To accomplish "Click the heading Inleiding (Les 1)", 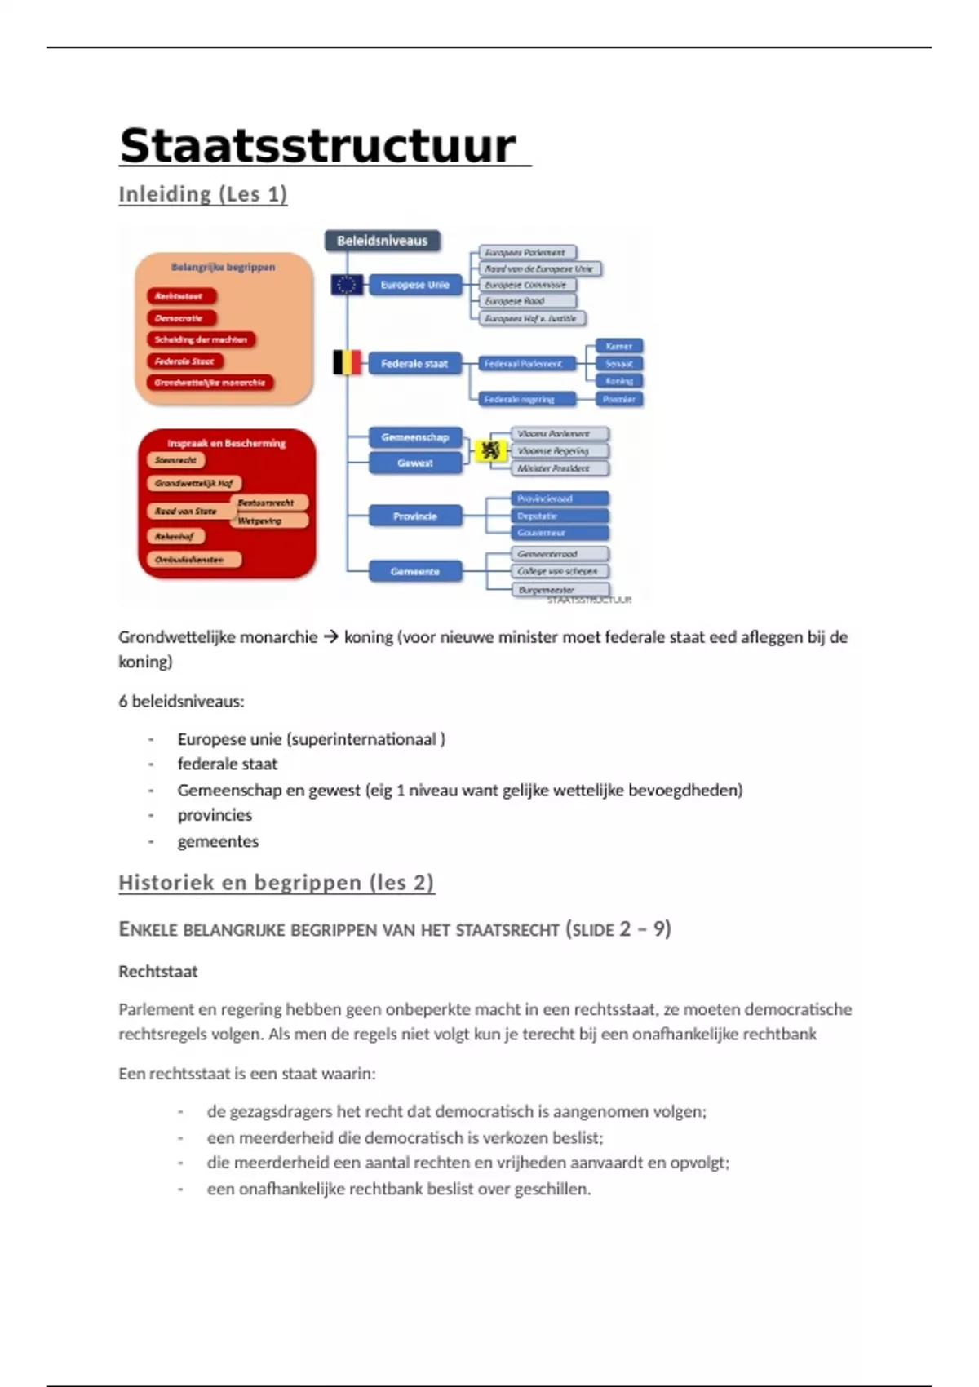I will (202, 194).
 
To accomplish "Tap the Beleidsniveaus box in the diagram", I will (382, 241).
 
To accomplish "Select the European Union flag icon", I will (347, 285).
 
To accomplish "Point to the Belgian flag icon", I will (347, 362).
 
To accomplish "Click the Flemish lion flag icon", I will (489, 450).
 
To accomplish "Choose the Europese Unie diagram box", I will (414, 285).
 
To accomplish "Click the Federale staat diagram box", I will (414, 363).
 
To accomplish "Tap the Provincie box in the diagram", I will (414, 516).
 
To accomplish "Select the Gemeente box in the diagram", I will (414, 571).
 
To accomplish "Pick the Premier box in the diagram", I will (619, 399).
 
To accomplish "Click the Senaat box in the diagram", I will (619, 363).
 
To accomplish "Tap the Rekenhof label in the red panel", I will (175, 536).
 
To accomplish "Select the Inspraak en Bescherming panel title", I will (226, 443).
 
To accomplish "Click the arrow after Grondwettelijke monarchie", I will (330, 637).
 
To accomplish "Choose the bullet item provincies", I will (215, 815).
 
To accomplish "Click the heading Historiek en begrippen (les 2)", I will (276, 883).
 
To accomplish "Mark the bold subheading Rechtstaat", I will (158, 972).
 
